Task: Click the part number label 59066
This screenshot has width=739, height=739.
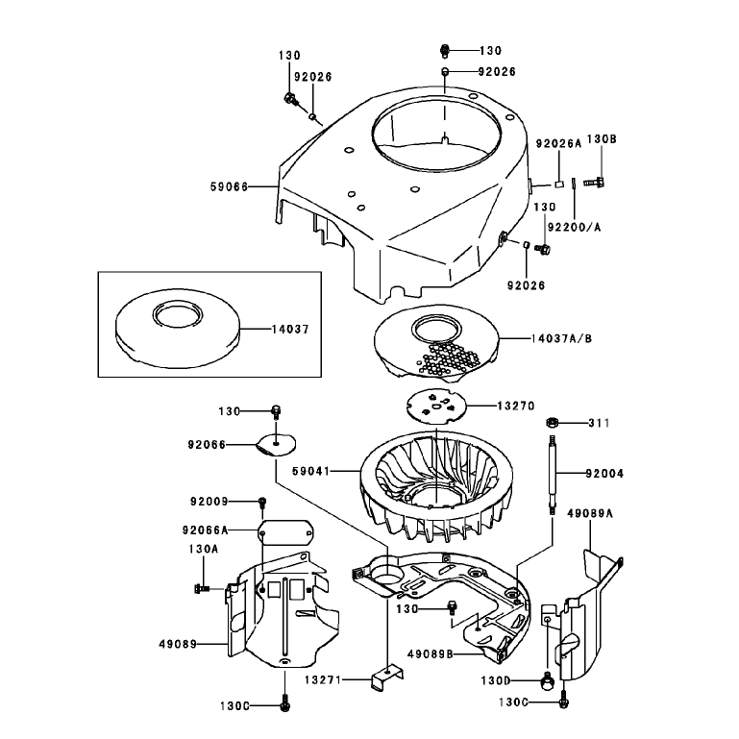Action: coord(229,187)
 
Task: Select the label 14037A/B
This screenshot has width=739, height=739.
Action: coord(561,338)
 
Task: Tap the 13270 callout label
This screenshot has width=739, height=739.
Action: coord(516,406)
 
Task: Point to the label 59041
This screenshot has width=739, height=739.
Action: coord(311,471)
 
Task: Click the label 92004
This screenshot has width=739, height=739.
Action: coord(604,473)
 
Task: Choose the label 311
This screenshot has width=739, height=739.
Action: coord(599,423)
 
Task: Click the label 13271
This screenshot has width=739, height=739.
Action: coord(323,680)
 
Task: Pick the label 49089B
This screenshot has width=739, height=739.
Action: coord(431,654)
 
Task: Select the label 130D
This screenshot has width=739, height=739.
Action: coord(496,681)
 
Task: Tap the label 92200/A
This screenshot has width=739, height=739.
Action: coord(575,227)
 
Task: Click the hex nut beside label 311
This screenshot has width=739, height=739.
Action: coord(552,422)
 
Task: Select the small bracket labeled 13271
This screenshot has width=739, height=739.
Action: coord(387,676)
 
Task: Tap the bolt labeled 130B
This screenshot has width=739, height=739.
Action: coord(594,182)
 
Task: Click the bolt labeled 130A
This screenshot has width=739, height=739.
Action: coord(203,588)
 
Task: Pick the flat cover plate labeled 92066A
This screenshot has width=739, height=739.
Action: coord(286,532)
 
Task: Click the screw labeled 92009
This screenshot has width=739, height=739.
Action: coord(262,503)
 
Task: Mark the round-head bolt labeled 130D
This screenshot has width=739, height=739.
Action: coord(547,679)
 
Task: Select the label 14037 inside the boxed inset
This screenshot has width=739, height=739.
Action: coord(290,329)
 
